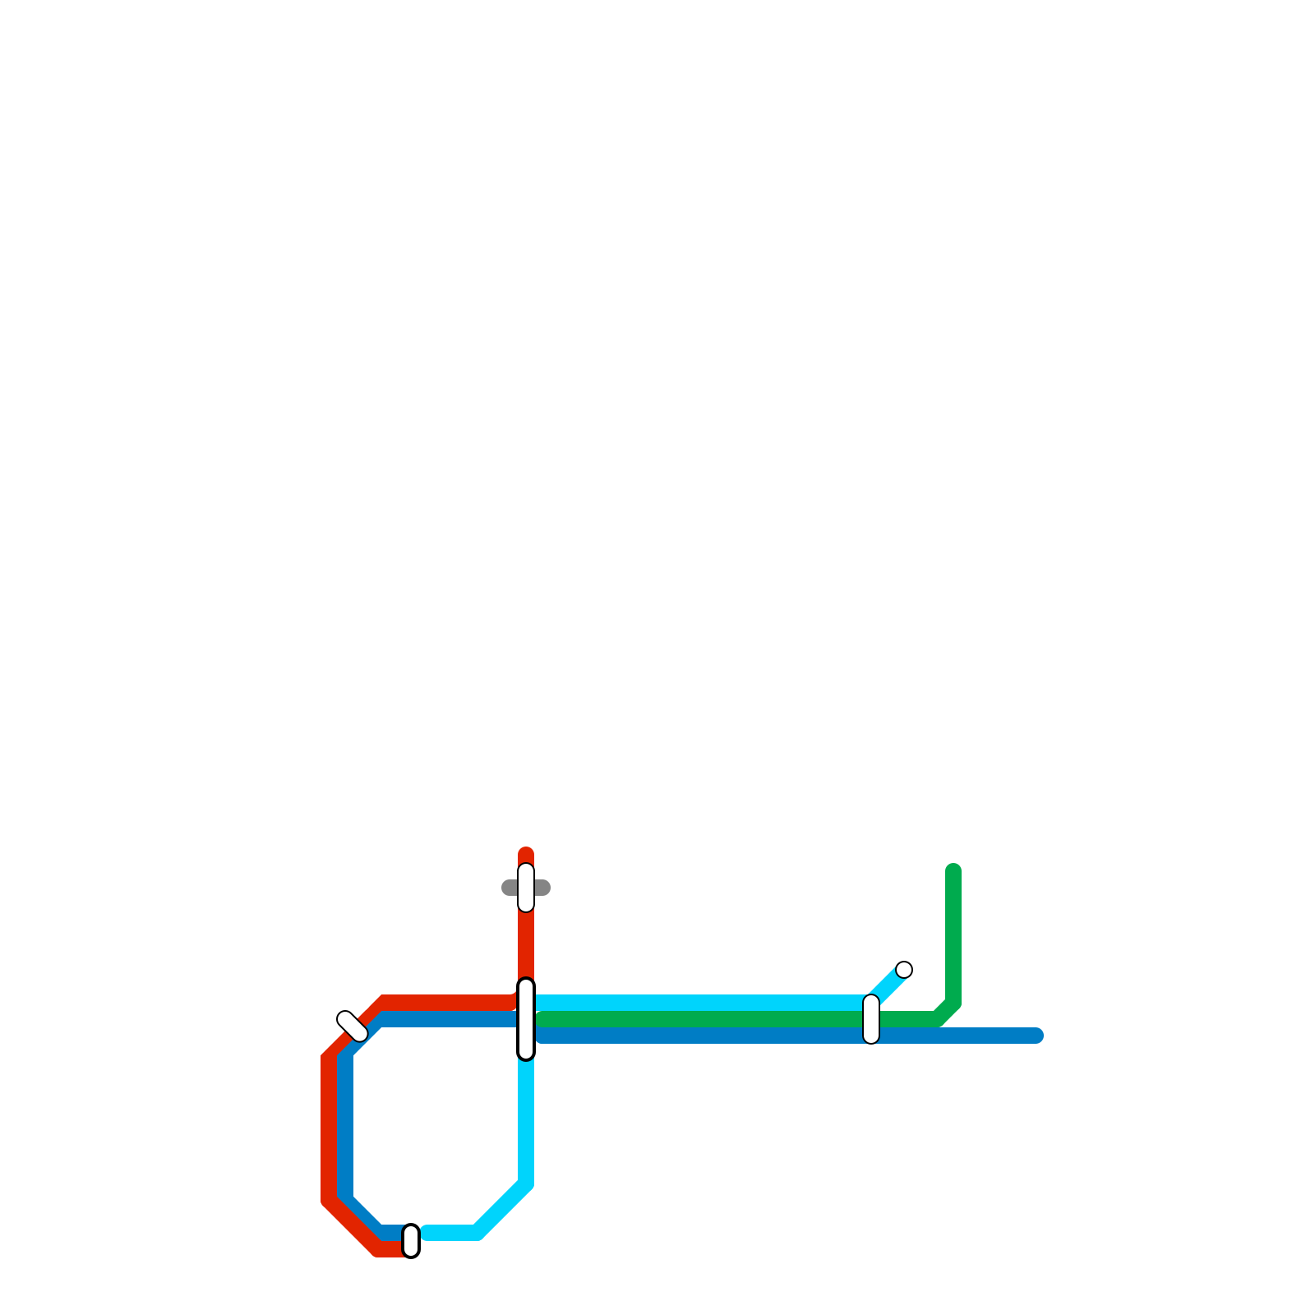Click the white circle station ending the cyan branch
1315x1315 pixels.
pos(904,970)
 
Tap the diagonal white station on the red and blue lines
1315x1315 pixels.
pos(353,1027)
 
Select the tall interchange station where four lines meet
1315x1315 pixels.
pos(526,1019)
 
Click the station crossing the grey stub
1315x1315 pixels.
pos(526,888)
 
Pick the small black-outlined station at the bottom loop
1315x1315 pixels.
pos(411,1241)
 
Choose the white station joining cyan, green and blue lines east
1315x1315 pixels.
pos(871,1019)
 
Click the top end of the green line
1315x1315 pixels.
pos(953,871)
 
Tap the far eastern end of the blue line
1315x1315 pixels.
pos(1037,1036)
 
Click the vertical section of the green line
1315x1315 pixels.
pos(953,937)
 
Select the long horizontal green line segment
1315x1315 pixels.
pos(699,1019)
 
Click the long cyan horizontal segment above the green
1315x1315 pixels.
pos(699,1003)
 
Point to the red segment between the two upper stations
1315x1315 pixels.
pos(526,945)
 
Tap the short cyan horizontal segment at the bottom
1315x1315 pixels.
pos(449,1233)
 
